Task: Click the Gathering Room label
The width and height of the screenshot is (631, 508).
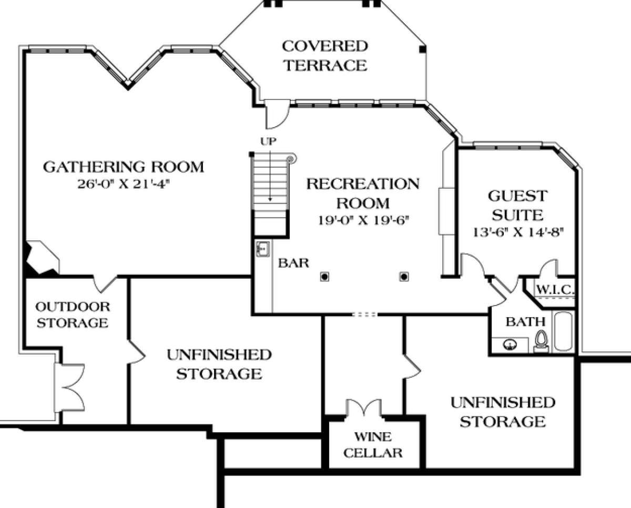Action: pyautogui.click(x=124, y=167)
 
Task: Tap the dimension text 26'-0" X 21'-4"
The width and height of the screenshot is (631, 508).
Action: pyautogui.click(x=124, y=185)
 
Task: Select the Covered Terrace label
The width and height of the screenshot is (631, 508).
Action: pyautogui.click(x=325, y=56)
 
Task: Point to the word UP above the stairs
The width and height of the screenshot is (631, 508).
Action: pyautogui.click(x=268, y=141)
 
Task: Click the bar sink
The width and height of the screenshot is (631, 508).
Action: pyautogui.click(x=263, y=249)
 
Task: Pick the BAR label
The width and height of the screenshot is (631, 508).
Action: pyautogui.click(x=293, y=263)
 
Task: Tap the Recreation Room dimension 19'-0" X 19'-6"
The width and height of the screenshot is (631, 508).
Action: pyautogui.click(x=363, y=220)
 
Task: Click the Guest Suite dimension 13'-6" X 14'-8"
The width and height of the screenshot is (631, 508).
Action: pyautogui.click(x=518, y=232)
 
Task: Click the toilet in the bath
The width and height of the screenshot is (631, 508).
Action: pyautogui.click(x=541, y=341)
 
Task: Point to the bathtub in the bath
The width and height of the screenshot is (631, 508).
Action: pyautogui.click(x=563, y=331)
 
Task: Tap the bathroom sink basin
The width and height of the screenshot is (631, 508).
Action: pyautogui.click(x=510, y=344)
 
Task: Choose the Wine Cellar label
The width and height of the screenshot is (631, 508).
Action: pyautogui.click(x=373, y=445)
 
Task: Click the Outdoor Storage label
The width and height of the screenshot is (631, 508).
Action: pyautogui.click(x=73, y=314)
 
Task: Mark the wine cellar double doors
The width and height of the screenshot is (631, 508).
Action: pyautogui.click(x=364, y=408)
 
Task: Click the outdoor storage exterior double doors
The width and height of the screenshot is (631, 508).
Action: pyautogui.click(x=70, y=388)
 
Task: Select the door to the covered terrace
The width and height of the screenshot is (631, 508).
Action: pyautogui.click(x=277, y=114)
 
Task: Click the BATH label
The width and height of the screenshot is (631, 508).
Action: pyautogui.click(x=525, y=322)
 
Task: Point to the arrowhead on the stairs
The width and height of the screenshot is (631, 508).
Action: pyautogui.click(x=270, y=199)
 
